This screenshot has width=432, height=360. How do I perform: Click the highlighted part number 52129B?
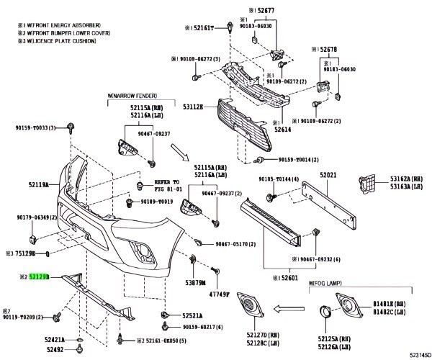(39, 276)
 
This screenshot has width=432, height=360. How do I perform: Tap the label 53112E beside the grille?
(192, 107)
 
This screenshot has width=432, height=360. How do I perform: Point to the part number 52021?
(328, 175)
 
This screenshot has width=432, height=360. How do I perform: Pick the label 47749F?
(219, 294)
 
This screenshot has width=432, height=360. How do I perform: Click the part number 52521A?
(192, 315)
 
